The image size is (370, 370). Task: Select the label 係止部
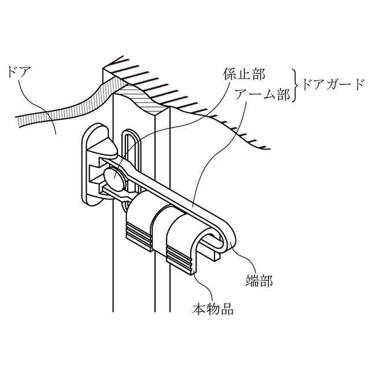pyautogui.click(x=243, y=75)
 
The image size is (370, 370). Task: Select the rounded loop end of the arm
pyautogui.click(x=228, y=234)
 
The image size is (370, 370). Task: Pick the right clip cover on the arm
pyautogui.click(x=184, y=228)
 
